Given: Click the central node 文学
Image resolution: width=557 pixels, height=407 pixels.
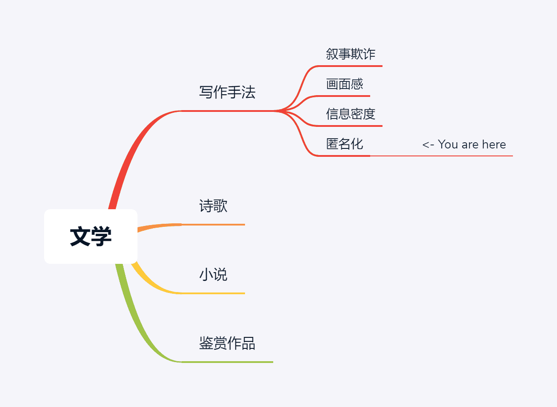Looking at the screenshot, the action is pos(91,237).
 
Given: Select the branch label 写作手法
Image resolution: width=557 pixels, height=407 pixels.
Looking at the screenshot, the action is pos(227,92).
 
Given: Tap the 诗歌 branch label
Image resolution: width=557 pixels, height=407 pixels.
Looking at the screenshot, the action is pos(213,206).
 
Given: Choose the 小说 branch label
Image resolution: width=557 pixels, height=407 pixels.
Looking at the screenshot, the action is pos(213,274).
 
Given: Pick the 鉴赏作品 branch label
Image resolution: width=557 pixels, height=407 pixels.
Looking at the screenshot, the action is pos(227,343).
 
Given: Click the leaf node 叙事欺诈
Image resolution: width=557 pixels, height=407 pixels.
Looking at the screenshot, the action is pos(351,54).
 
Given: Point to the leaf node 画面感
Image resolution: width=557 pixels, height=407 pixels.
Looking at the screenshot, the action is pos(345,84).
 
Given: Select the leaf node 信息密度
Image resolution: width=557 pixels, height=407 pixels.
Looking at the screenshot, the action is pos(351,114).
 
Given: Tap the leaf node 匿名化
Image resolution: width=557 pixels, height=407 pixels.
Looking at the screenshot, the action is pos(345,144).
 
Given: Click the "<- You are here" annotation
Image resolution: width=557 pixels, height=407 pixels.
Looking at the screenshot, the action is pos(464,144).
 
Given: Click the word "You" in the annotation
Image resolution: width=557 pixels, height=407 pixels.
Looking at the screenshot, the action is pos(448,144).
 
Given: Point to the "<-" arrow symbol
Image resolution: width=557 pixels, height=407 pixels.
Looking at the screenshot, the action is pos(428,144).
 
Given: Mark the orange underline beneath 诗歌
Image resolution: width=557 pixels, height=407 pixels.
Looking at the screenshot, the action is pos(213,225).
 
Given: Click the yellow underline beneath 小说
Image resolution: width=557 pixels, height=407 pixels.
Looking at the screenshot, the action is pos(213,293).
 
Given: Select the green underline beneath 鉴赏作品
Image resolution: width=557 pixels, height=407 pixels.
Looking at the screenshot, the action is pos(227,362).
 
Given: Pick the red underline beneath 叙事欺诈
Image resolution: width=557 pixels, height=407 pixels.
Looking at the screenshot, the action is pos(351,66).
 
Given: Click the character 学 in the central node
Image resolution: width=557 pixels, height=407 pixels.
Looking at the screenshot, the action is pos(102,237).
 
